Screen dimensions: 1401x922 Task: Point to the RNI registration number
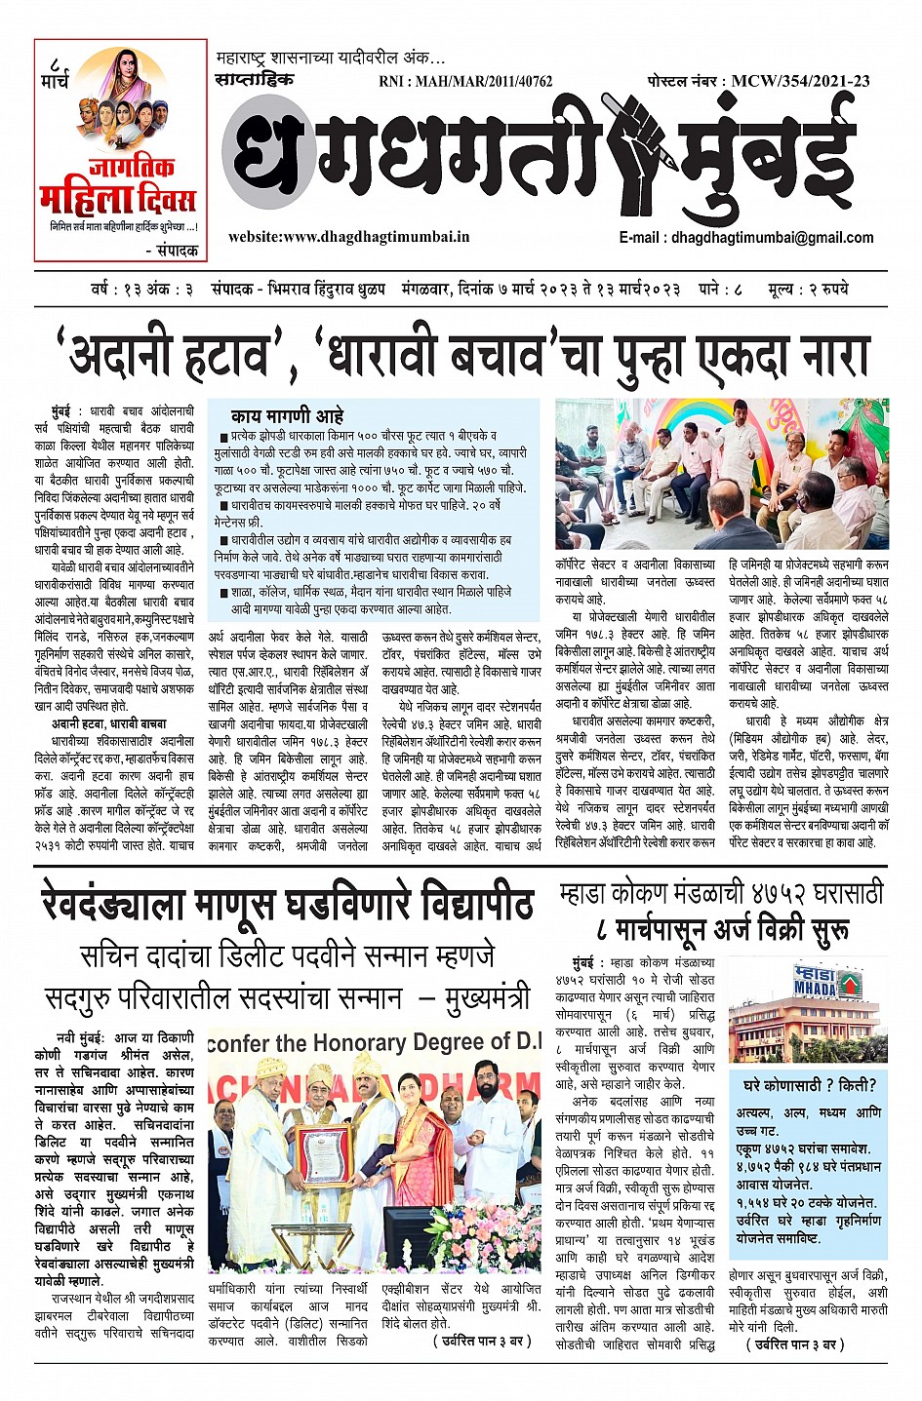465,82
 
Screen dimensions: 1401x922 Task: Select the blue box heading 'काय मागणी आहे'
287,415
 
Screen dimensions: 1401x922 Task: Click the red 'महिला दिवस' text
118,199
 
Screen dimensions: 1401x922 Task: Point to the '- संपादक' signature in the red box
170,251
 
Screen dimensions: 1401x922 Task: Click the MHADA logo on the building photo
815,979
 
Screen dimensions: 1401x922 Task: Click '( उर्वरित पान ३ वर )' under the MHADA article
796,1344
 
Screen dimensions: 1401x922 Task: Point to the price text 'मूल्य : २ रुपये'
808,289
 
